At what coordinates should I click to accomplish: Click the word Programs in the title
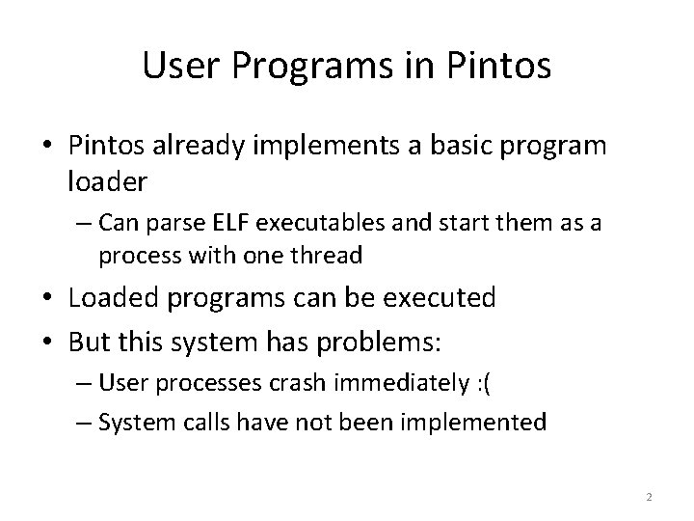click(301, 66)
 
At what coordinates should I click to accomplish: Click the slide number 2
click(649, 497)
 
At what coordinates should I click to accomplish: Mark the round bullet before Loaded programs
click(54, 297)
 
